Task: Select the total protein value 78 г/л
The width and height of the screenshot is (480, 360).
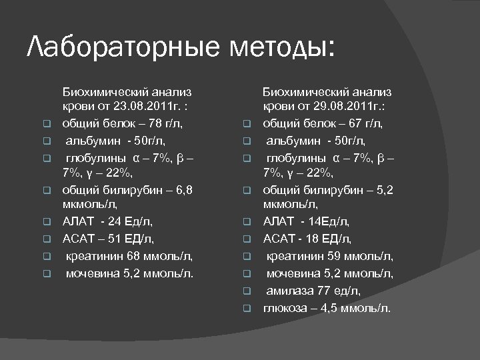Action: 164,123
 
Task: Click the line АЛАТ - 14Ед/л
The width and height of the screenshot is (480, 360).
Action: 306,222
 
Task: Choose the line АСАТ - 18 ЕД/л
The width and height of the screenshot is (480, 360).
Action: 307,239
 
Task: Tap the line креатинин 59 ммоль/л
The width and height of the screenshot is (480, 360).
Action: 329,255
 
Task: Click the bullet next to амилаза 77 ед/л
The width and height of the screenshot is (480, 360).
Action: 246,291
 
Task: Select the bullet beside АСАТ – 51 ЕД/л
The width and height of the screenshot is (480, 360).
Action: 47,239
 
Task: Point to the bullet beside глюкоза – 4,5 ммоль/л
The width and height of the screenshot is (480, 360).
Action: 246,308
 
